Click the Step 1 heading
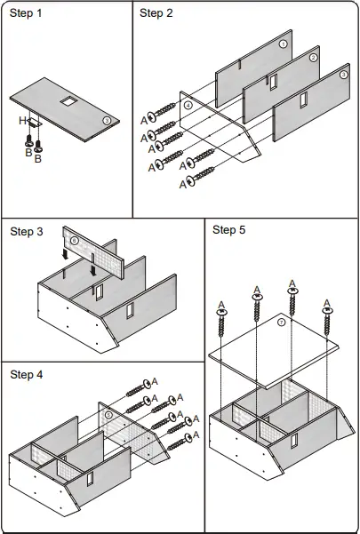(26, 13)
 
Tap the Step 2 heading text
(156, 13)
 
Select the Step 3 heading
(27, 232)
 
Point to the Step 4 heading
(27, 375)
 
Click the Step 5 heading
(228, 230)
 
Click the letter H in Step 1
(22, 121)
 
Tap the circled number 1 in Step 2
(284, 44)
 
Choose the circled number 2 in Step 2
(313, 58)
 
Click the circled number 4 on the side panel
(188, 105)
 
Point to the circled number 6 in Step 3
(75, 241)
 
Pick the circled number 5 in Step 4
(108, 415)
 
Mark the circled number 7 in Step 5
(281, 323)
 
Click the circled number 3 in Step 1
(107, 120)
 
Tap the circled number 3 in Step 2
(344, 75)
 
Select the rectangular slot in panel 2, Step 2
(273, 83)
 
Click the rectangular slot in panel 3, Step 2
(303, 100)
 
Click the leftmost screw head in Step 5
(221, 312)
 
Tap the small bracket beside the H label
(34, 123)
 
